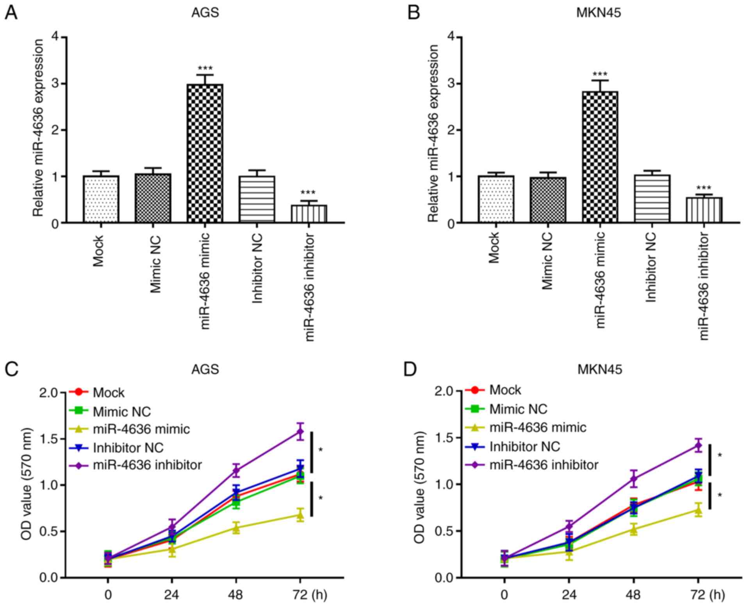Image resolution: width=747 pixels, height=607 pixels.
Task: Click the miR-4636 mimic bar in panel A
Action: pyautogui.click(x=205, y=153)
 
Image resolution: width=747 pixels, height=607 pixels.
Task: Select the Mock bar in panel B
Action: pyautogui.click(x=496, y=199)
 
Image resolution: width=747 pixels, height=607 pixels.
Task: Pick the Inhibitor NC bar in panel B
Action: pyautogui.click(x=652, y=198)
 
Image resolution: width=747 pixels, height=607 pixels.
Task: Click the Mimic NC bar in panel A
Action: pyautogui.click(x=153, y=198)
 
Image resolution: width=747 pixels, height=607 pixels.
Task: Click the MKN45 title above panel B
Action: pyautogui.click(x=599, y=13)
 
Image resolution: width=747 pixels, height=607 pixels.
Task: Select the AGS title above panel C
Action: pyautogui.click(x=205, y=369)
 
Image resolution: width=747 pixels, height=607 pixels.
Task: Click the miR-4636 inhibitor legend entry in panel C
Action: pyautogui.click(x=147, y=465)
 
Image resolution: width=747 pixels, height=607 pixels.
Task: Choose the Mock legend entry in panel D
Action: pyautogui.click(x=505, y=390)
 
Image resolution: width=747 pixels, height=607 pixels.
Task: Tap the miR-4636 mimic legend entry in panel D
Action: pyautogui.click(x=538, y=427)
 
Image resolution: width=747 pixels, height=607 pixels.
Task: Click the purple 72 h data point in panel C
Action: pyautogui.click(x=300, y=432)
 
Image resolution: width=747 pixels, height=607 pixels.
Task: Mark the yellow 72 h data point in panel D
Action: pyautogui.click(x=698, y=510)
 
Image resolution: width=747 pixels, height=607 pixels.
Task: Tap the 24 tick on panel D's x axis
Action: pyautogui.click(x=569, y=595)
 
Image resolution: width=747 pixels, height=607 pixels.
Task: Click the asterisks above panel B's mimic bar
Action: pyautogui.click(x=599, y=74)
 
